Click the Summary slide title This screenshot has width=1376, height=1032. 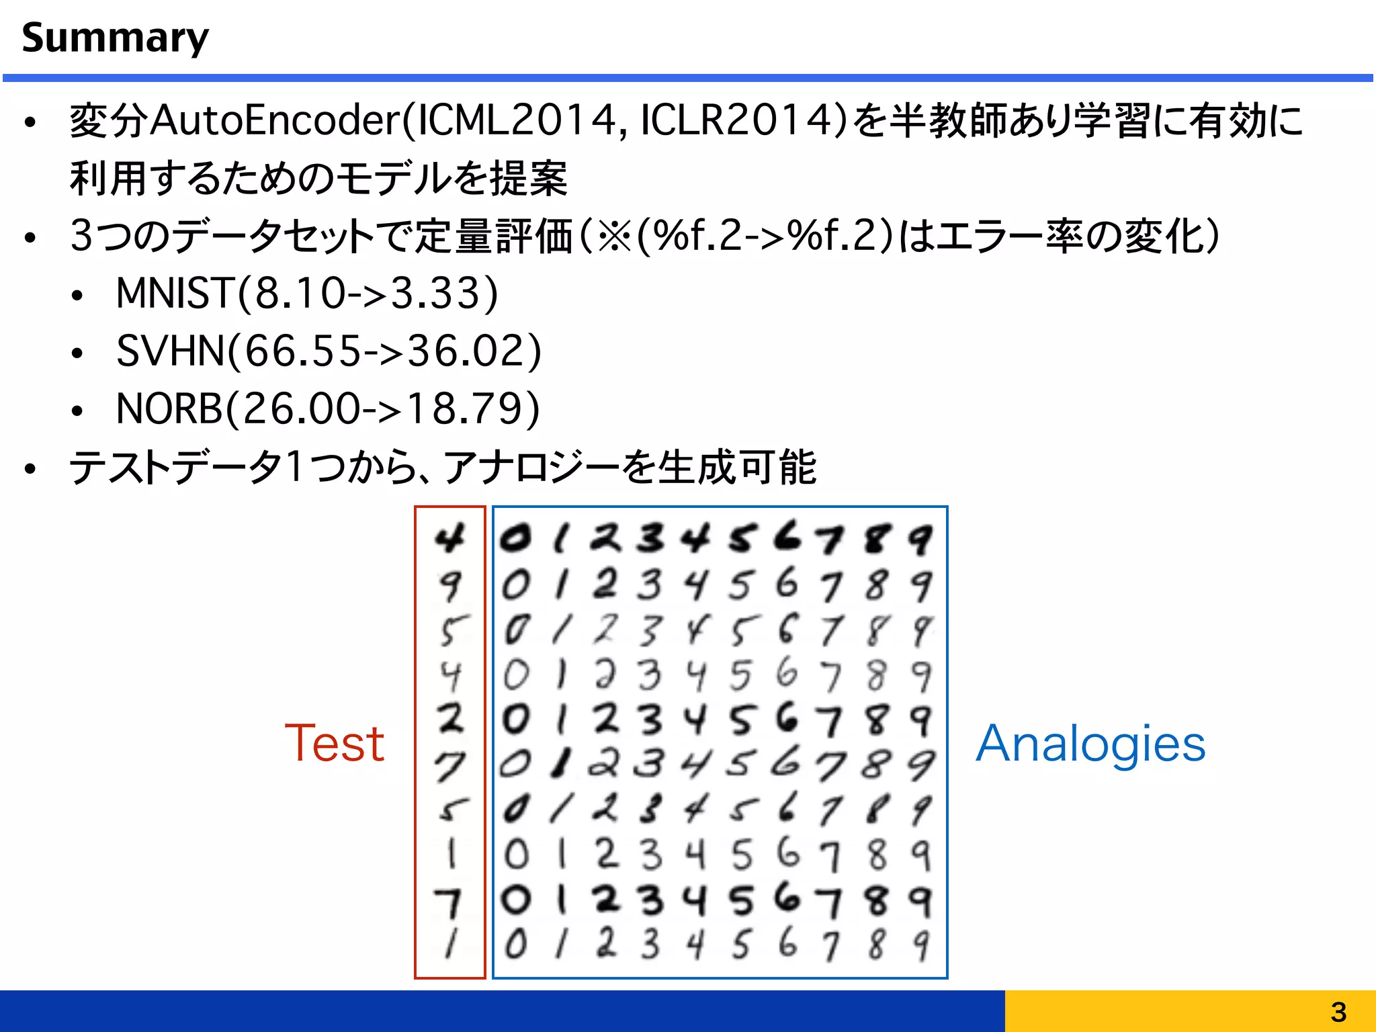coord(115,38)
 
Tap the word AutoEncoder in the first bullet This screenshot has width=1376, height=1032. coord(275,121)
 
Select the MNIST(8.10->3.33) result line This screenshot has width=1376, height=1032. coord(307,294)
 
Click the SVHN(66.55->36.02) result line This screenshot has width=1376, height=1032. coord(329,351)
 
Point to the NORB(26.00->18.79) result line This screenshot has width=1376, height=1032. coord(328,408)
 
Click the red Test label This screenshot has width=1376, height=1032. coord(334,744)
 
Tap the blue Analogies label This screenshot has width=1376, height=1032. coord(1090,744)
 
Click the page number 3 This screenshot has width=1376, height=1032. coord(1338,1012)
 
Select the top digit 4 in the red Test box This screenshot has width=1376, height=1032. coord(449,538)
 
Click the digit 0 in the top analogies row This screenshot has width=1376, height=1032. coord(516,538)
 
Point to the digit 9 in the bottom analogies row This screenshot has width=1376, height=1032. coord(921,945)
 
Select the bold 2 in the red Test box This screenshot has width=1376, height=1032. coord(450,718)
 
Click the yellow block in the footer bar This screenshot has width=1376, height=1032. coord(1190,1011)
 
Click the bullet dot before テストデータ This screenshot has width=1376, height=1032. coord(30,468)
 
